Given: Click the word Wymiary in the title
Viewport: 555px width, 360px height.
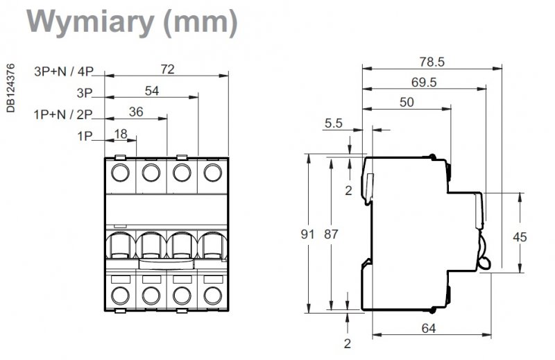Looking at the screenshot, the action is coord(90,23).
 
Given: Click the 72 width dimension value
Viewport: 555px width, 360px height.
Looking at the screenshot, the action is coord(167,69).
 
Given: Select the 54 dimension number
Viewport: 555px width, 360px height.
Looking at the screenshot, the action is coord(152,91).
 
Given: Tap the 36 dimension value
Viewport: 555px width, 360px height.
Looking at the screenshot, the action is coord(136,112).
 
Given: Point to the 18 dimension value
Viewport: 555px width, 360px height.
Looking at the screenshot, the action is coord(121,134).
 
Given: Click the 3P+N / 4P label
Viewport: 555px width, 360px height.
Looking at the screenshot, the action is coord(64,71).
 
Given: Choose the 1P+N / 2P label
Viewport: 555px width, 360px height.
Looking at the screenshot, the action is coord(63,114).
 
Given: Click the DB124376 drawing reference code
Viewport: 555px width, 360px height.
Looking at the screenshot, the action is coord(11,88).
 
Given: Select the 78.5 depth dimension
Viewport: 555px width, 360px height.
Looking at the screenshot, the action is coord(432,62).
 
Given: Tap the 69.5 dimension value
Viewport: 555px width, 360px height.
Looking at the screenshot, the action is coord(424,82).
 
